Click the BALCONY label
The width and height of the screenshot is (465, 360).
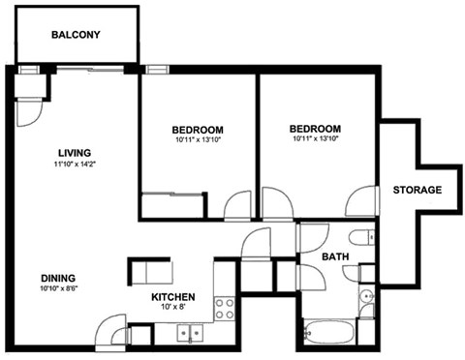coord(76,35)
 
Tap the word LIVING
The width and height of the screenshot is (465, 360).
coord(75,151)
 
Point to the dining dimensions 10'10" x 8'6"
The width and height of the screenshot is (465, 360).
coord(60,287)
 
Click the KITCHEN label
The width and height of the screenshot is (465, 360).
coord(173,296)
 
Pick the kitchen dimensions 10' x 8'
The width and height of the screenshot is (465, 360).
coord(173,307)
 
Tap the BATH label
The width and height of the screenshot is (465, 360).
coord(335,256)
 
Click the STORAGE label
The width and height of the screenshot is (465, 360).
coord(418,190)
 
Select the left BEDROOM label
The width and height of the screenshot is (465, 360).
coord(199,130)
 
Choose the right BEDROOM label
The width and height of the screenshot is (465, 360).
coord(315,129)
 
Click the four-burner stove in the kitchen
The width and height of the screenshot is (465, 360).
coord(224,309)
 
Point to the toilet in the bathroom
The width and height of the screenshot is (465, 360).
coord(357,238)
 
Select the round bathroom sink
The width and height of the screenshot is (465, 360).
coord(365,297)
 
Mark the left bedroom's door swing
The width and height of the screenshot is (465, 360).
coord(237,207)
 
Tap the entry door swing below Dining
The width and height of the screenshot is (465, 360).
coord(111,332)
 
